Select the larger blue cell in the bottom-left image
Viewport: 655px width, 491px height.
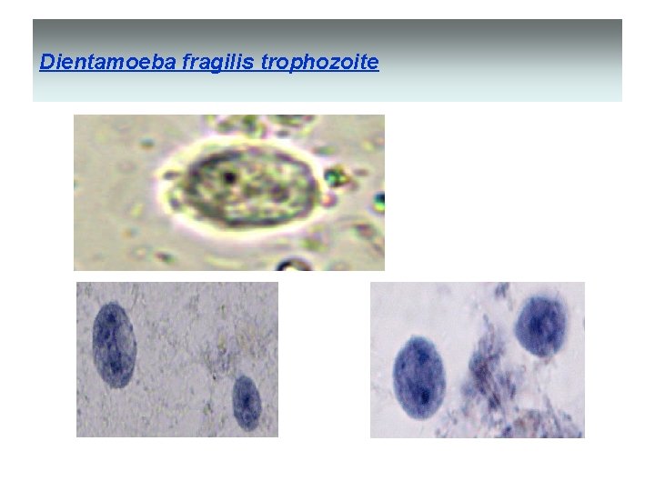coord(115,345)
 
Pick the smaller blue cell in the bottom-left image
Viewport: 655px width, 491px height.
coord(247,401)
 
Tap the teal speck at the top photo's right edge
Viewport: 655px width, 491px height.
coord(379,199)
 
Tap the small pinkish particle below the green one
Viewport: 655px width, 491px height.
coord(338,193)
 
